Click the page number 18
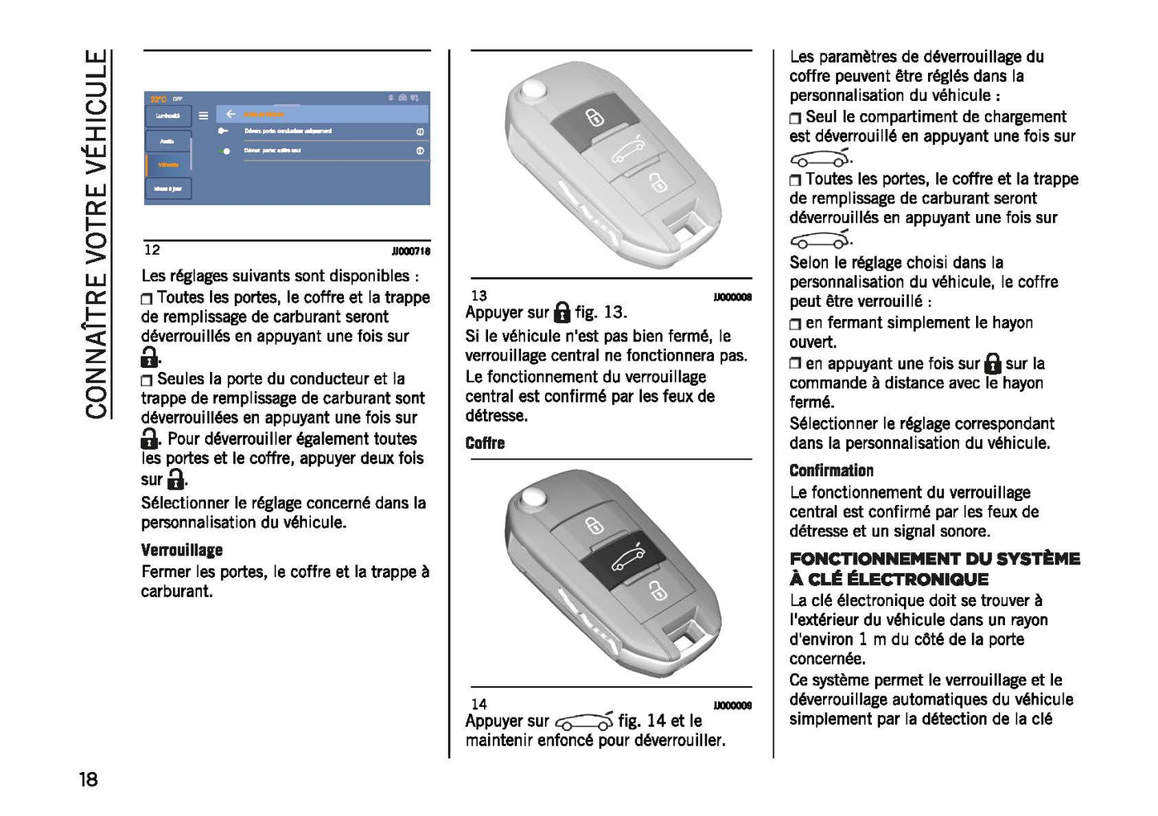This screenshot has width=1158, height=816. [88, 779]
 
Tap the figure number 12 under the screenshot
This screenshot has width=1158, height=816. [151, 250]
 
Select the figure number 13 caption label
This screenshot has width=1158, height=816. [478, 296]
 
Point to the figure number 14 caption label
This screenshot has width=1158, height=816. [478, 704]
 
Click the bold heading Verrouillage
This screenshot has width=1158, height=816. [182, 550]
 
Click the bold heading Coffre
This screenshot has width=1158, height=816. [485, 442]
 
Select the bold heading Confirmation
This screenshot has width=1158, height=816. [831, 471]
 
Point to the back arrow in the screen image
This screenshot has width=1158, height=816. [231, 115]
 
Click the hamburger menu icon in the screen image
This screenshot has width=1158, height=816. [204, 115]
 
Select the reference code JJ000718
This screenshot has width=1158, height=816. [410, 251]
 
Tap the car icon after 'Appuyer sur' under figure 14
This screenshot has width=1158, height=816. [583, 721]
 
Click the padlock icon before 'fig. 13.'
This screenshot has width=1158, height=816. [562, 312]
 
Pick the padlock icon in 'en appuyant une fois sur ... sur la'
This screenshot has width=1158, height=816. [992, 364]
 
